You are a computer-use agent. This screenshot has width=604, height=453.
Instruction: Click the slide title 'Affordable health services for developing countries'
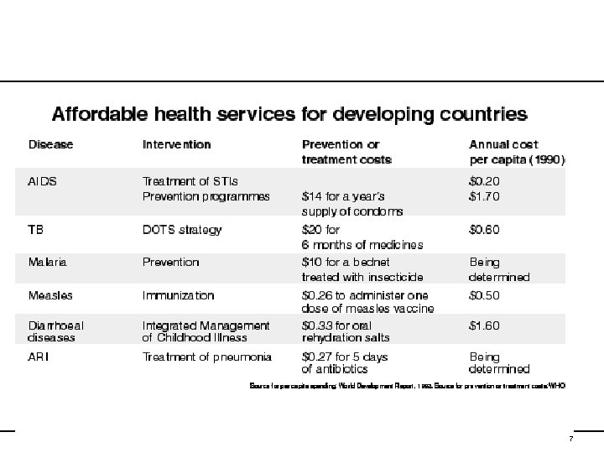coord(290,113)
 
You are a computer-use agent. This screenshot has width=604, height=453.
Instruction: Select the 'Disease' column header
coord(51,144)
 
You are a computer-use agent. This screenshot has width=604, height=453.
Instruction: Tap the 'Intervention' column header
coord(176,144)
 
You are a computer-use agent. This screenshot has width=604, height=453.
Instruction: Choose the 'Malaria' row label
coord(48,262)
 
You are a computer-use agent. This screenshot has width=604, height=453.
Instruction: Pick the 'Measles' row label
coord(50,295)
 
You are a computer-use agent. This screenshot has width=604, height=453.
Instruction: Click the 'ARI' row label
coord(39,357)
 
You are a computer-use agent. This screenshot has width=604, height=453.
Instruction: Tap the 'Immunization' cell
coord(179,295)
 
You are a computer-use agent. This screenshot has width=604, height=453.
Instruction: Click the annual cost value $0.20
coord(486,181)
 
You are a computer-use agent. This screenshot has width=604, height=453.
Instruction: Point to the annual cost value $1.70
coord(486,196)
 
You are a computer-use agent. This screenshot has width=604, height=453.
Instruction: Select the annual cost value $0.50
coord(486,295)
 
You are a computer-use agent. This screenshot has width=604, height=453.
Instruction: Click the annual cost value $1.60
coord(486,325)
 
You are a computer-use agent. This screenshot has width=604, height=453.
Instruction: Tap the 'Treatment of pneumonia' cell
coord(207,357)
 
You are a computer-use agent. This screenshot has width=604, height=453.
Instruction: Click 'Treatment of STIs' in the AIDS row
coord(190,181)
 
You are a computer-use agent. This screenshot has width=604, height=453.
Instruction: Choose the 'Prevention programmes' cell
coord(206,196)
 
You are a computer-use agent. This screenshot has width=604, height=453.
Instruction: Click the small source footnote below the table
coord(408,387)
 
